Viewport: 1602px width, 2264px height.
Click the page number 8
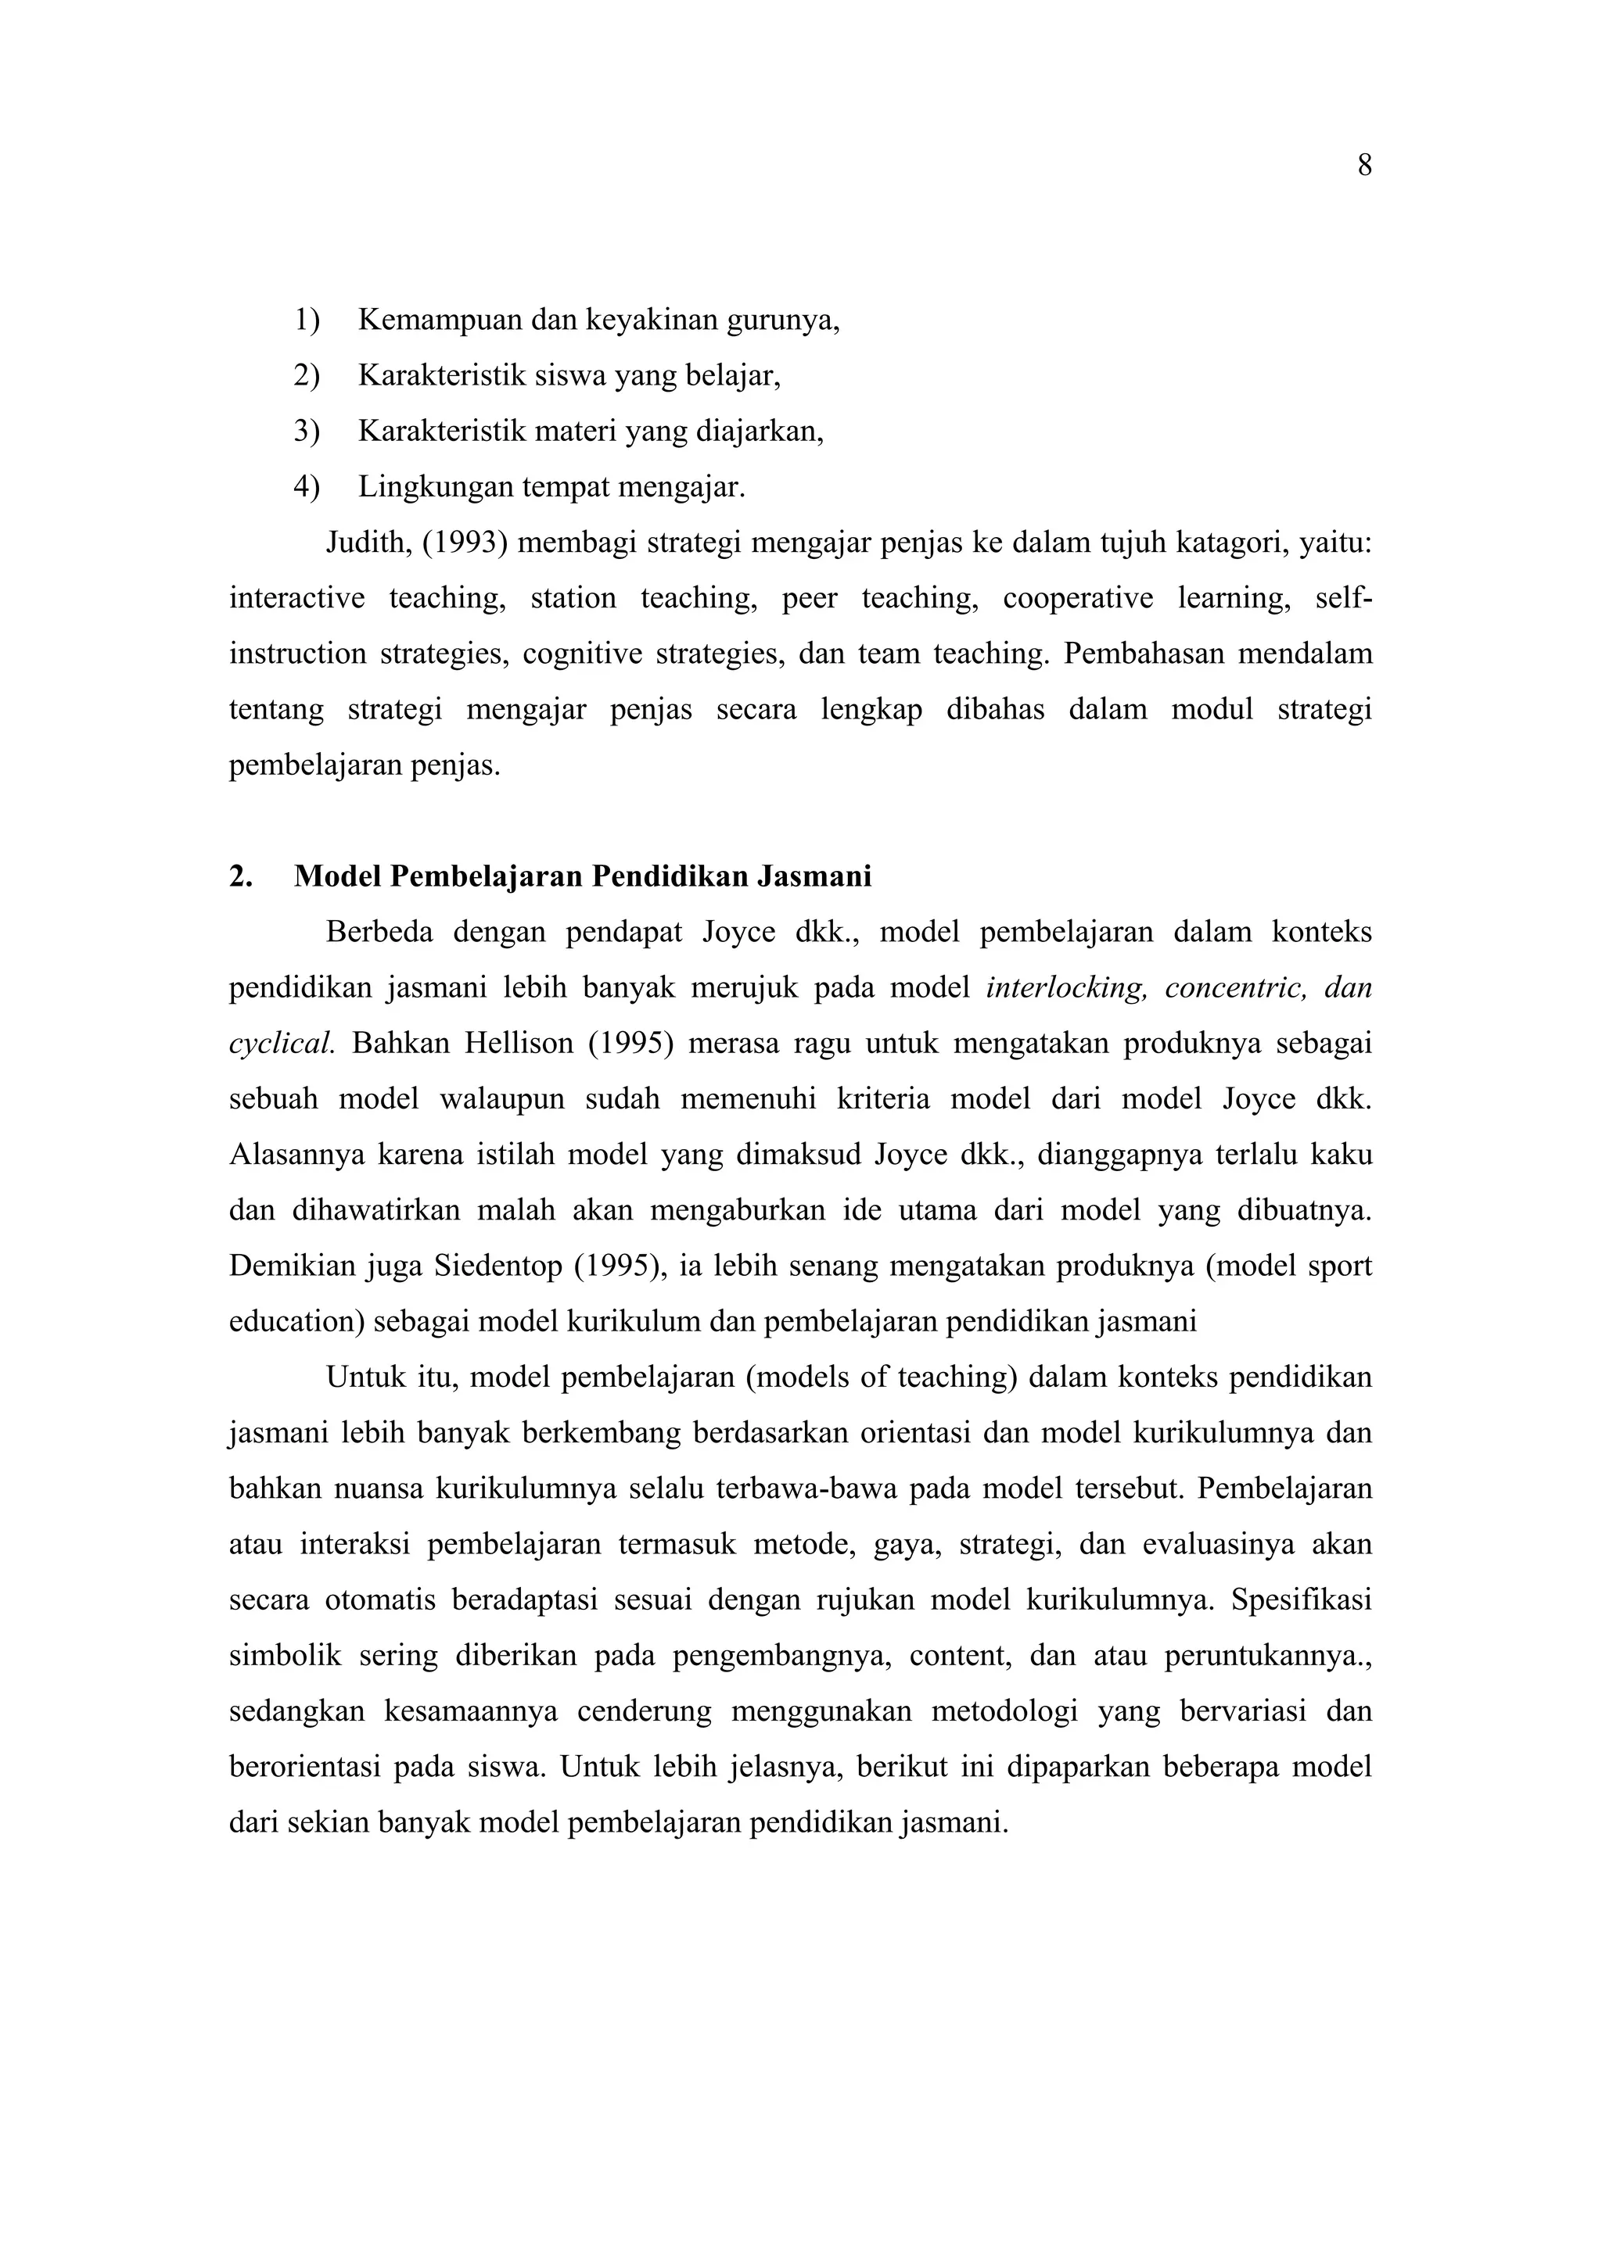tap(1364, 166)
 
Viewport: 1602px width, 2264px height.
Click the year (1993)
tap(465, 543)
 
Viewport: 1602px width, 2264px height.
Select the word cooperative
tap(1077, 597)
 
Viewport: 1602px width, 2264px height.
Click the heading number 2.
tap(239, 876)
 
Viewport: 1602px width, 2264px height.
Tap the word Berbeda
tap(379, 932)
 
